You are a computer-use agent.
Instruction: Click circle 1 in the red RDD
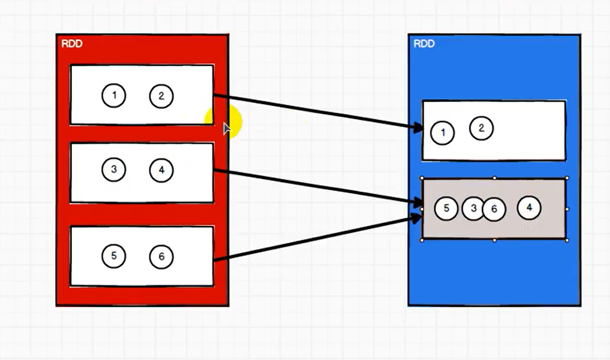point(113,95)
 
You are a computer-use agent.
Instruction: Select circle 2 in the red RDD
point(161,95)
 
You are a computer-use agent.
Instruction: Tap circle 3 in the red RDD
point(113,170)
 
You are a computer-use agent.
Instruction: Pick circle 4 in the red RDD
point(161,170)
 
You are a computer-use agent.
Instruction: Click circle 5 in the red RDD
point(113,256)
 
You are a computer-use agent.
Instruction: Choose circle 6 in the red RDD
point(161,256)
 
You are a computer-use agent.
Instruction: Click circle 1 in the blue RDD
point(442,132)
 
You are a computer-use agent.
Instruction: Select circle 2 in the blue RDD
point(481,128)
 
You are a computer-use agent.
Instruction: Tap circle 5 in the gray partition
point(446,208)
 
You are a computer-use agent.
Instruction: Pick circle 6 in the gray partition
point(494,209)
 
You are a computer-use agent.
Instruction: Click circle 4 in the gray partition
point(529,207)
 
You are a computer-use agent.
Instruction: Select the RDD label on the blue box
point(424,43)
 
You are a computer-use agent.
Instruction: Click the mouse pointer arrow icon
point(227,129)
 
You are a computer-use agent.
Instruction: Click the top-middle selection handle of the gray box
point(494,177)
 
